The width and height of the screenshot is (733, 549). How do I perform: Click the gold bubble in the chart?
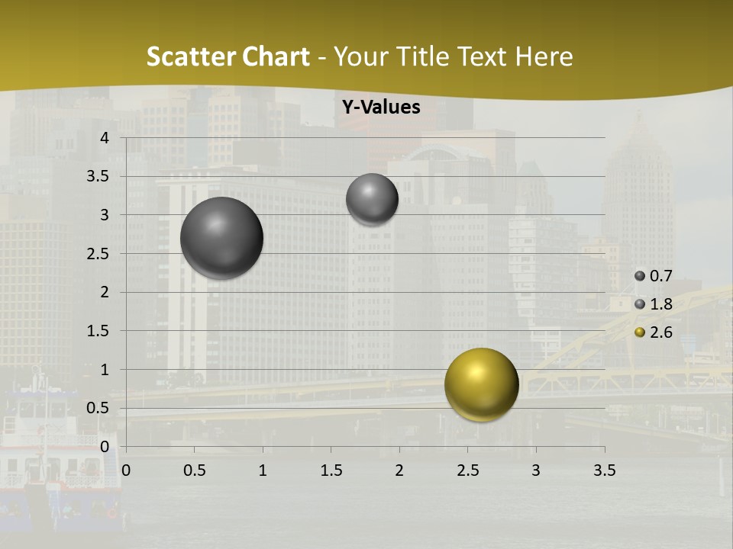[481, 384]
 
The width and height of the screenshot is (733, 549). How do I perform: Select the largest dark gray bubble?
[221, 238]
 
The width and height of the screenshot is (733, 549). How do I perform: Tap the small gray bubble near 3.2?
[372, 199]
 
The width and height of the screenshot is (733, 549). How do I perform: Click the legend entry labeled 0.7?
[654, 276]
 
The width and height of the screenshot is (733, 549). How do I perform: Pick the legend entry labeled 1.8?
[654, 304]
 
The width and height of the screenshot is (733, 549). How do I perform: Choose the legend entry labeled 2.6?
[654, 332]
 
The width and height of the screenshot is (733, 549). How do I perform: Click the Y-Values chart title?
[381, 108]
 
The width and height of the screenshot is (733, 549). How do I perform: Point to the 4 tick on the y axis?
[105, 138]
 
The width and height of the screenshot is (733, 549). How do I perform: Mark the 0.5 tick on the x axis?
[194, 470]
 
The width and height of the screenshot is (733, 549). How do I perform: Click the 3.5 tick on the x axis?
[604, 470]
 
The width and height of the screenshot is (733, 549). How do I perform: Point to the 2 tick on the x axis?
[399, 470]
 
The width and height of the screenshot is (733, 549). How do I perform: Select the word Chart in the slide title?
[276, 56]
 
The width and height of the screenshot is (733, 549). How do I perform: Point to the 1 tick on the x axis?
[263, 470]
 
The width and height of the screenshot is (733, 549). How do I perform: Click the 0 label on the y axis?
[105, 447]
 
